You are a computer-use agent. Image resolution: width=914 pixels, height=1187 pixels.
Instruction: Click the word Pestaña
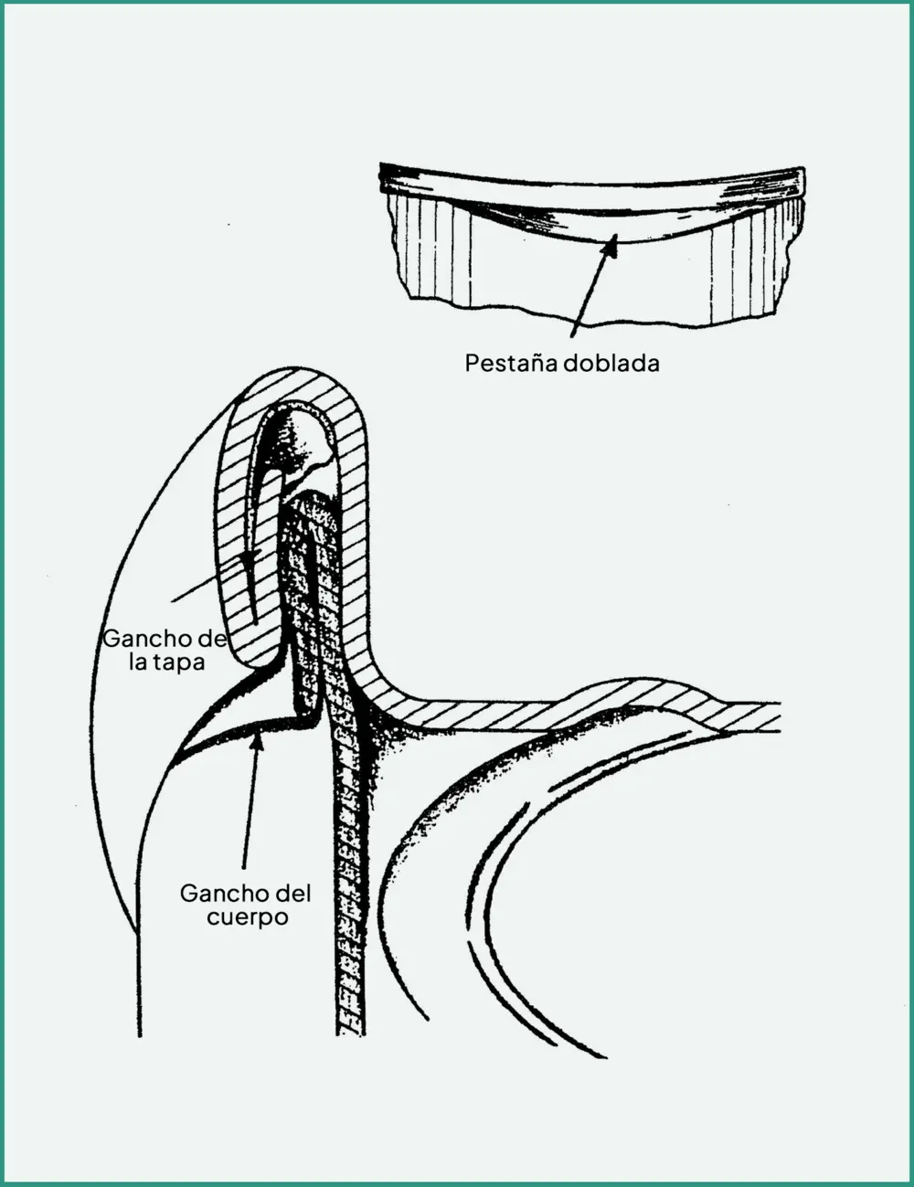coord(510,363)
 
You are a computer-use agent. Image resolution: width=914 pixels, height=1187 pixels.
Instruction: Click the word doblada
coord(611,363)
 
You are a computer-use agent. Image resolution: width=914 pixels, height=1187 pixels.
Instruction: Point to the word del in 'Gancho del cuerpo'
coord(291,894)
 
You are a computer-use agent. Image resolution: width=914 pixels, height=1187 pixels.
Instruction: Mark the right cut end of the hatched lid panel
coord(779,716)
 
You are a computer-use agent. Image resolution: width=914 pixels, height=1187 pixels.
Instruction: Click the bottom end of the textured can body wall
coord(350,1033)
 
